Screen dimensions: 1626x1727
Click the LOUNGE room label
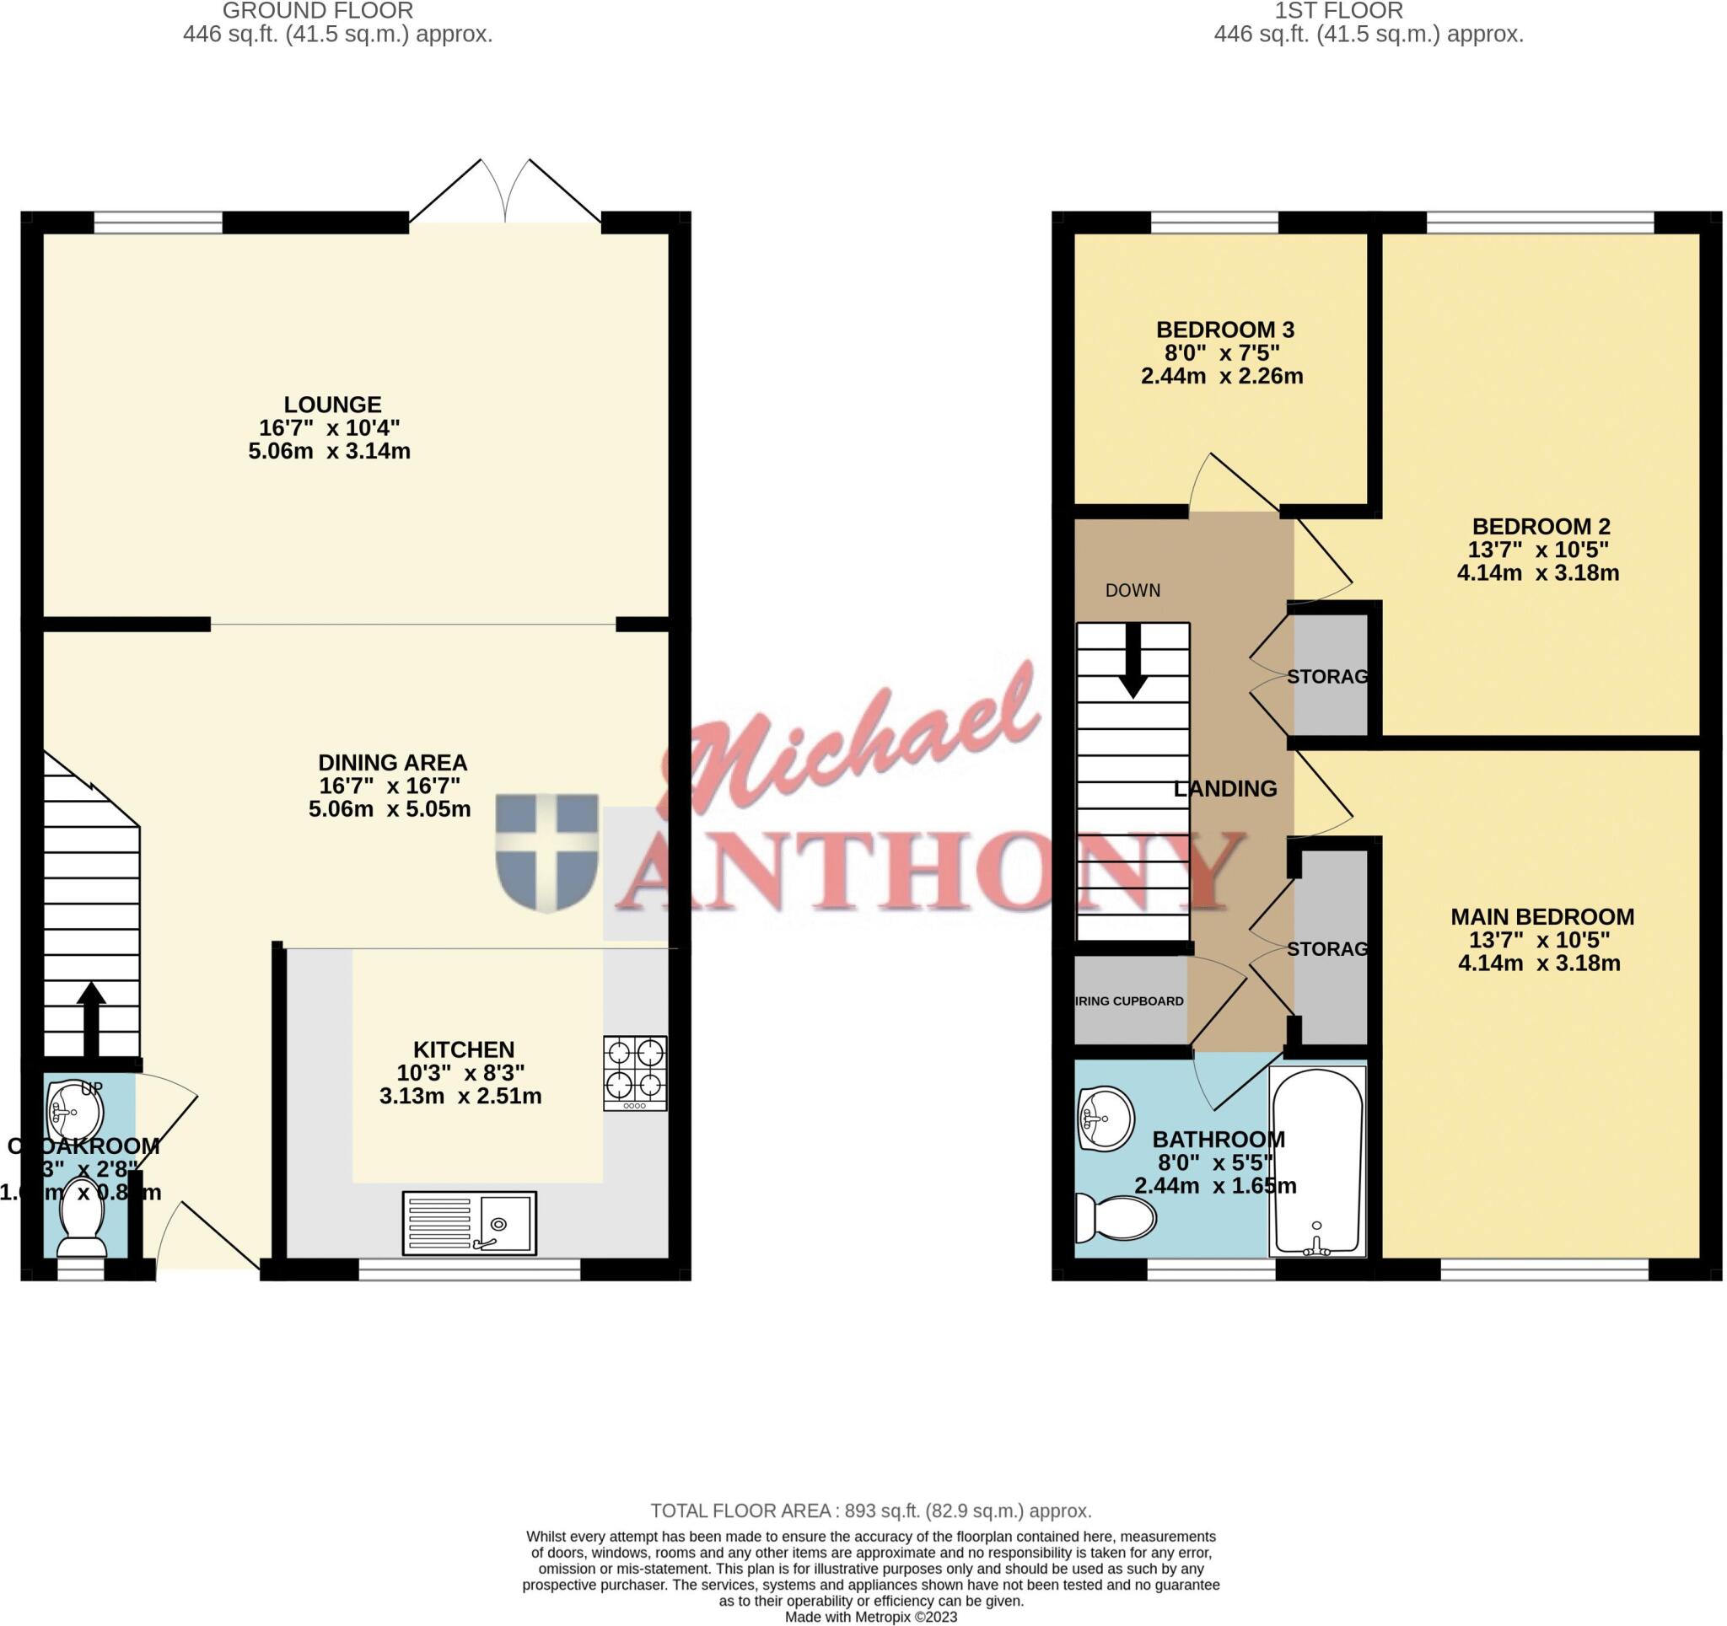pyautogui.click(x=333, y=405)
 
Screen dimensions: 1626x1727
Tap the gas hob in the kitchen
pyautogui.click(x=635, y=1073)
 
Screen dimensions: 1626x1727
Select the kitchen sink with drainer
pyautogui.click(x=469, y=1223)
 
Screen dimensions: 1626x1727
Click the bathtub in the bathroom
pyautogui.click(x=1317, y=1162)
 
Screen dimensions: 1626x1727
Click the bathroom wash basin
pyautogui.click(x=1105, y=1120)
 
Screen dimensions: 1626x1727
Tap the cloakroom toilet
pyautogui.click(x=82, y=1231)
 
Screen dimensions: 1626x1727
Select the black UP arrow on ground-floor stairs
pyautogui.click(x=91, y=1018)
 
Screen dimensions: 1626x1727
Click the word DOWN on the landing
pyautogui.click(x=1133, y=591)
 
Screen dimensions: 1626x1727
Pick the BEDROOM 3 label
pyautogui.click(x=1225, y=330)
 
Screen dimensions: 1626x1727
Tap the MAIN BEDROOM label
pyautogui.click(x=1542, y=917)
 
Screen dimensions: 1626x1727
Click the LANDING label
pyautogui.click(x=1225, y=789)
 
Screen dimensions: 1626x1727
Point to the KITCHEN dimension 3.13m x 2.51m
pyautogui.click(x=460, y=1096)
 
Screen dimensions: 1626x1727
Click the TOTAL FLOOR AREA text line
pyautogui.click(x=870, y=1511)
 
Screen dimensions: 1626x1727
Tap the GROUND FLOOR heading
pyautogui.click(x=318, y=11)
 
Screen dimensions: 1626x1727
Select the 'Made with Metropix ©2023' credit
pyautogui.click(x=870, y=1617)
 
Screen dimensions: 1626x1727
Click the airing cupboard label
pyautogui.click(x=1129, y=1001)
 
